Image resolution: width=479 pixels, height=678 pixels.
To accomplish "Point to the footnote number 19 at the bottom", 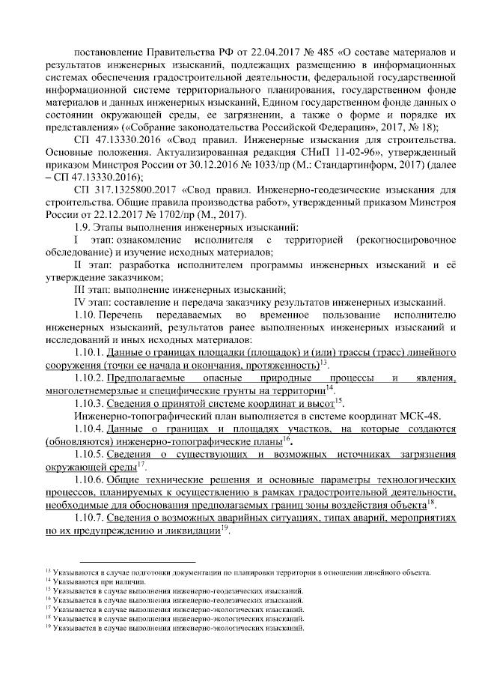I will [x=49, y=627].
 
